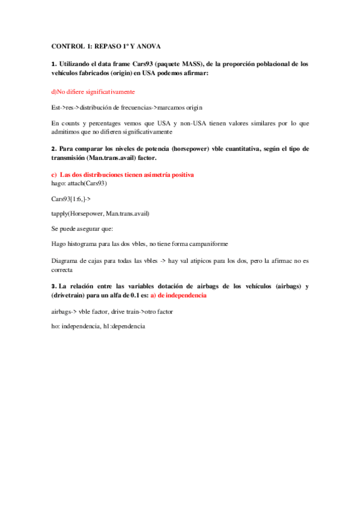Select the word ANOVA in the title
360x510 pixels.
pyautogui.click(x=147, y=46)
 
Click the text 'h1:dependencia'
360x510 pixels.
pyautogui.click(x=124, y=325)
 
